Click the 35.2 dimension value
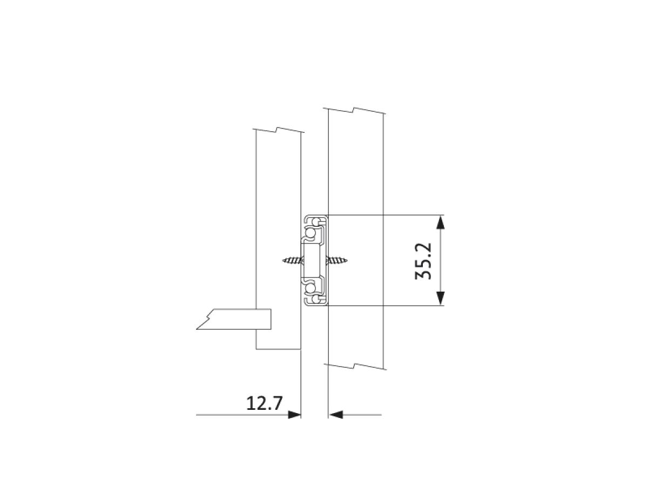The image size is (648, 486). point(423,261)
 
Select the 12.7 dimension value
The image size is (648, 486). point(264,403)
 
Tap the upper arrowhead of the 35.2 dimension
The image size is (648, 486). point(440,222)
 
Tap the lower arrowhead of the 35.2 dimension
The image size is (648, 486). point(440,298)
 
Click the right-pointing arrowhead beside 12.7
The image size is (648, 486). point(294,415)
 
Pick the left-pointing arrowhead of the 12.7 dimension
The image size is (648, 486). point(336,415)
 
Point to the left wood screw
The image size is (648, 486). point(292,260)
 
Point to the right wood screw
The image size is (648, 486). point(336,260)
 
